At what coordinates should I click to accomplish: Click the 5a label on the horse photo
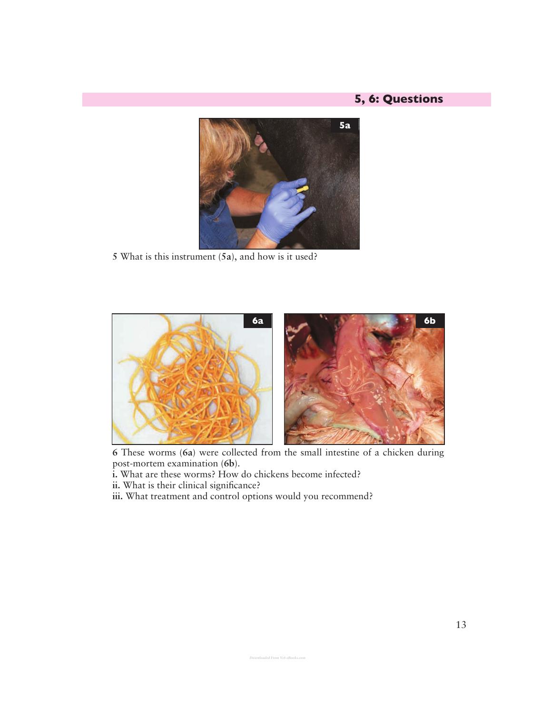pyautogui.click(x=344, y=126)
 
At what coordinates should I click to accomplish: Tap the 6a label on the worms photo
pyautogui.click(x=257, y=321)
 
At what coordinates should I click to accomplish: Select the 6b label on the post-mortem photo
pyautogui.click(x=429, y=321)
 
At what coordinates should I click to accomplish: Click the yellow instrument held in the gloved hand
pyautogui.click(x=303, y=189)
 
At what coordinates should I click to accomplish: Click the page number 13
pyautogui.click(x=461, y=625)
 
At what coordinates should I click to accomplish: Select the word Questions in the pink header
pyautogui.click(x=413, y=99)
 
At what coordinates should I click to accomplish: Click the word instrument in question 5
pyautogui.click(x=195, y=257)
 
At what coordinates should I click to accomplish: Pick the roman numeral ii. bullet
pyautogui.click(x=116, y=485)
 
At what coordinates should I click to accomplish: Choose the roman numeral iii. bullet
pyautogui.click(x=118, y=496)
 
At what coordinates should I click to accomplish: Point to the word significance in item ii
pyautogui.click(x=233, y=486)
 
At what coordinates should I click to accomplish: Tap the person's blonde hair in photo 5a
pyautogui.click(x=221, y=155)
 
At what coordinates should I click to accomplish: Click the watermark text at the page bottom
pyautogui.click(x=277, y=657)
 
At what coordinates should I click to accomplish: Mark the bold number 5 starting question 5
pyautogui.click(x=115, y=257)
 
